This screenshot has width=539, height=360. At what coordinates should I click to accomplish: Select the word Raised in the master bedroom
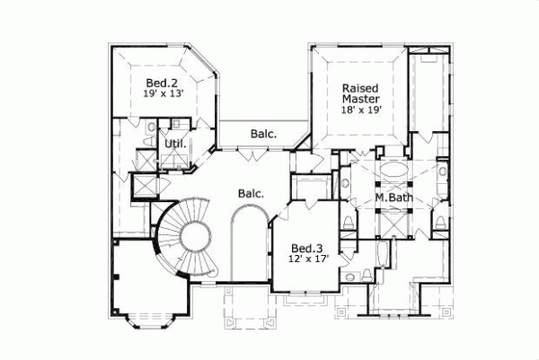coord(358,88)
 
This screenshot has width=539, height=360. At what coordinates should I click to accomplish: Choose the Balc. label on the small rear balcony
coord(263,135)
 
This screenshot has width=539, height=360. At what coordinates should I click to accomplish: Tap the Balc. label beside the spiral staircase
coord(251,193)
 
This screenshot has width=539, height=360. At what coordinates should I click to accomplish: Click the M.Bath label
coord(393,198)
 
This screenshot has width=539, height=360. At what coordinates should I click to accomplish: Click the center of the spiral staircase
coord(193,239)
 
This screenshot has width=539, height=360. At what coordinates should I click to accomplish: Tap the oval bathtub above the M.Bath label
coord(393,171)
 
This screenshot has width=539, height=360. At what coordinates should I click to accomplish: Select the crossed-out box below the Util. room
coord(143,183)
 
